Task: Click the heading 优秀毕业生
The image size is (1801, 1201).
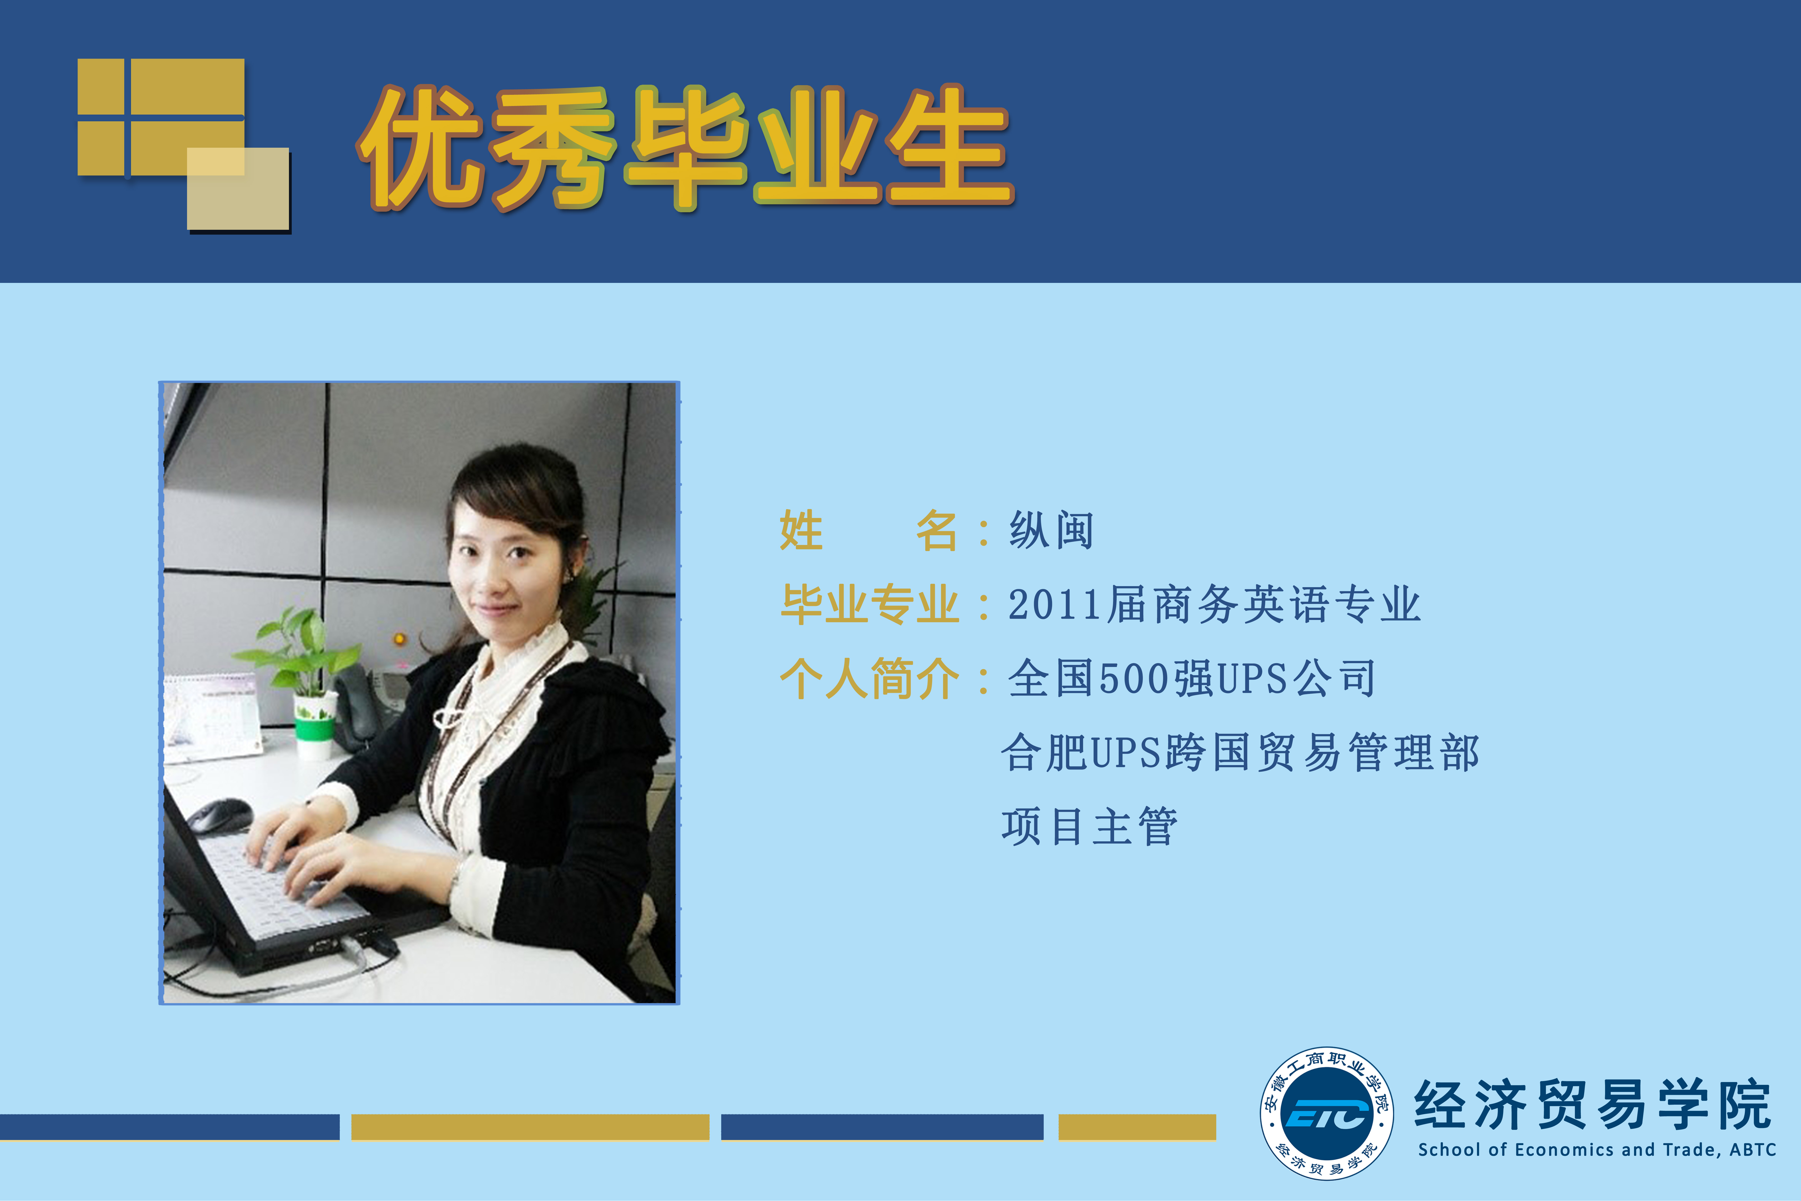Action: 685,147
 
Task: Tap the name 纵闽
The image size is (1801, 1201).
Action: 1051,530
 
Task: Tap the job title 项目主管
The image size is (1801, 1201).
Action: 1090,826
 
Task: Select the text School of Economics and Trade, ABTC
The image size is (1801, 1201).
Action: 1596,1150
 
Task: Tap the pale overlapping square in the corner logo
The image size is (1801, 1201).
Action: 238,188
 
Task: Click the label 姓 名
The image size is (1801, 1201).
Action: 869,530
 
